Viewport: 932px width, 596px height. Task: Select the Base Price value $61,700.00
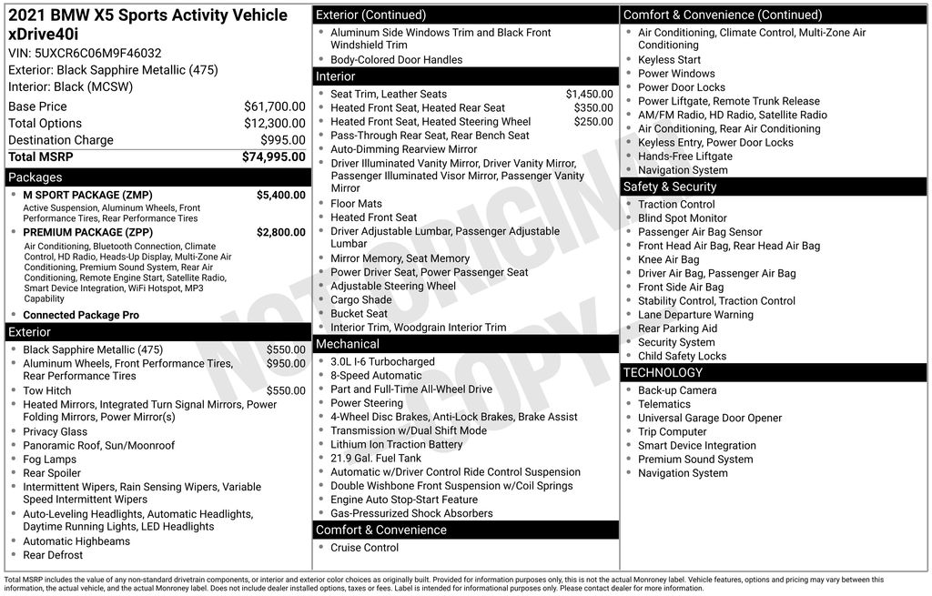(274, 106)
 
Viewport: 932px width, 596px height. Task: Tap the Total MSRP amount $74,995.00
(273, 157)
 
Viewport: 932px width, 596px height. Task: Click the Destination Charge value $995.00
(284, 140)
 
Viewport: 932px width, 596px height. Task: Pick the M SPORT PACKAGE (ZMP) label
(87, 195)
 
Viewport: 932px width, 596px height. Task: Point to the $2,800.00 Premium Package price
(280, 232)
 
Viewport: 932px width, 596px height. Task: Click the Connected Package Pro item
(81, 315)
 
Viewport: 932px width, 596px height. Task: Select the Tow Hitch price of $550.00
(286, 390)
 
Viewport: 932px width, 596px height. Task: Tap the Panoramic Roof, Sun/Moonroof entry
(98, 446)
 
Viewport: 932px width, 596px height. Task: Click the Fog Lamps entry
(50, 460)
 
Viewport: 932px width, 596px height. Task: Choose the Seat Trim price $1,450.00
(589, 94)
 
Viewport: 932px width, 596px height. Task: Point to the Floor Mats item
(356, 204)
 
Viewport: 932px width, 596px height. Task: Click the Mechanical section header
(348, 344)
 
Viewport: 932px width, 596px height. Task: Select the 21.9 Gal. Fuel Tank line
(376, 459)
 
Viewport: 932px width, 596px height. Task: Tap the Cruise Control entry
(364, 548)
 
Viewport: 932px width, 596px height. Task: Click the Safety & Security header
(670, 187)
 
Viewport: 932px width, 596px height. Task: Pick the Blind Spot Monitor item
(683, 218)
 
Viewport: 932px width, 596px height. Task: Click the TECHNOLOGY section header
(663, 372)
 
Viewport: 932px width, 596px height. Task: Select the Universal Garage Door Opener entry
(710, 418)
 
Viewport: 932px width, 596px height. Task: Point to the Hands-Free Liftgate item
(684, 157)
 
